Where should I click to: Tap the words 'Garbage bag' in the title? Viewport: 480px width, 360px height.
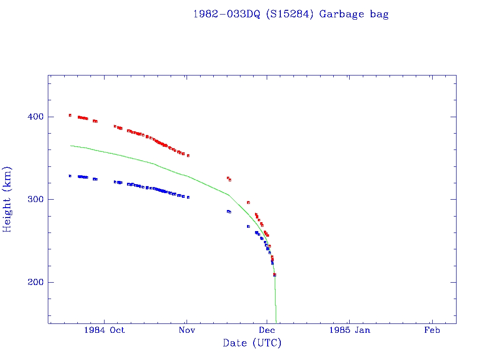[x=354, y=14]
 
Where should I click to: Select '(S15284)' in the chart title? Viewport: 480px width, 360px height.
[x=290, y=14]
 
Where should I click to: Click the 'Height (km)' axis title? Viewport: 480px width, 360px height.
[x=7, y=199]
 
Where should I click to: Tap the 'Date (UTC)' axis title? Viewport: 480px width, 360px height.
[x=252, y=343]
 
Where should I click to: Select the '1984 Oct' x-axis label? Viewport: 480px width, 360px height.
[x=104, y=330]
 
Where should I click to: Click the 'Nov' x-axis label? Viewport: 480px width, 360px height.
[x=186, y=330]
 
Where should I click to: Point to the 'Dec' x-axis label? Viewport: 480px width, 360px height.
[x=266, y=330]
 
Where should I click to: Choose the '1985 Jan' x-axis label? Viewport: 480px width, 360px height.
[x=349, y=330]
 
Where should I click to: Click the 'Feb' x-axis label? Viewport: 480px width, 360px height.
[x=432, y=330]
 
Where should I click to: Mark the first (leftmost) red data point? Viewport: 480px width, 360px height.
[x=70, y=115]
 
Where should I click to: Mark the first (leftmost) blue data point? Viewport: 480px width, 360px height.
[x=70, y=176]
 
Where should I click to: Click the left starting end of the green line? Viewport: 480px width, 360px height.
[x=70, y=145]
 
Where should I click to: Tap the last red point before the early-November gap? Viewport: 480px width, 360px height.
[x=188, y=155]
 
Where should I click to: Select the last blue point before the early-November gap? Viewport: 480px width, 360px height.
[x=188, y=197]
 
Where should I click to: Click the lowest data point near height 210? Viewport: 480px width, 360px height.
[x=275, y=275]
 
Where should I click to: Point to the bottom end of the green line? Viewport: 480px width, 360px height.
[x=276, y=322]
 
